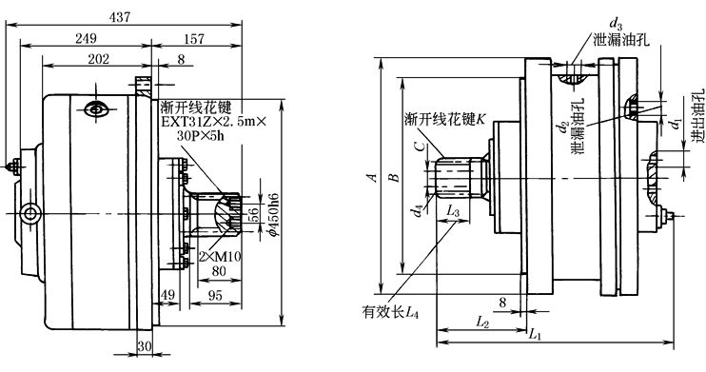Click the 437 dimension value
120,17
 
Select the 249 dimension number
86,38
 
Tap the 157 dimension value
194,39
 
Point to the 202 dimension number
99,59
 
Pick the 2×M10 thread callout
220,257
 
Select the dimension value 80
219,271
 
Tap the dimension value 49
167,295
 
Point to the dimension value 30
144,346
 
